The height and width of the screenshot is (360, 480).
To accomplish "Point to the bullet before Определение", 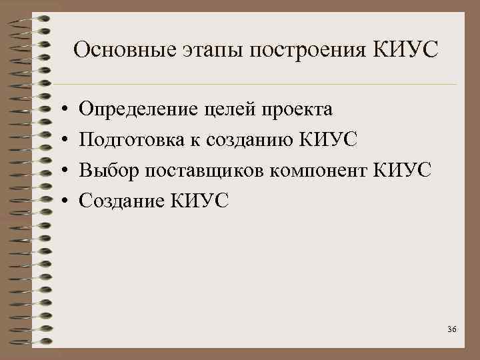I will (61, 109).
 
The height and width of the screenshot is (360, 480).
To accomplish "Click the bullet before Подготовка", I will (61, 139).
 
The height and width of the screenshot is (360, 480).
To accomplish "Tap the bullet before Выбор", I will (61, 170).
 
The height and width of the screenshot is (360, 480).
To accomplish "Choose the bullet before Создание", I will (61, 200).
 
